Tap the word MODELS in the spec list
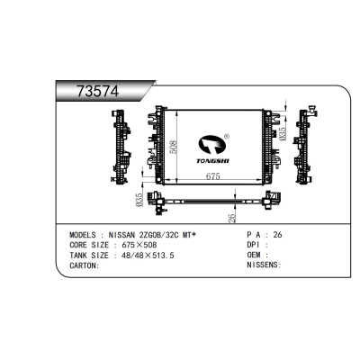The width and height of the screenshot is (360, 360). (x=83, y=234)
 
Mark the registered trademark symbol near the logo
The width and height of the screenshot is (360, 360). (x=226, y=138)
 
